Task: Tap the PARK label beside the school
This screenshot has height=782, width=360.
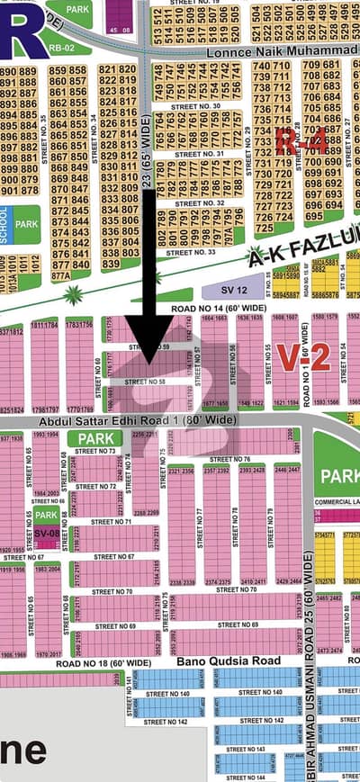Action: click(x=27, y=223)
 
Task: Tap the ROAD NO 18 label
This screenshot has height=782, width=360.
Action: click(x=103, y=663)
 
